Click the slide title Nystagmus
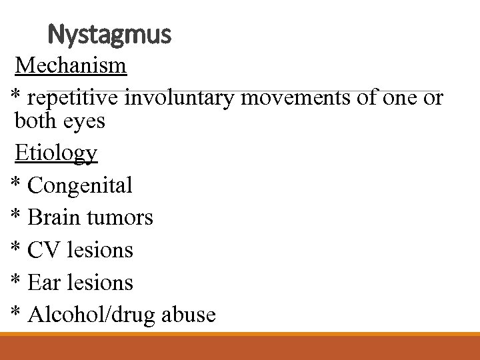pos(110,33)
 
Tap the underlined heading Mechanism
pos(71,65)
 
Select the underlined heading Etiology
pos(56,153)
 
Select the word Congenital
pos(80,185)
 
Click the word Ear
pos(45,283)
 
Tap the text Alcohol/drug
pos(91,315)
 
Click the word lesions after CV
pos(97,250)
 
